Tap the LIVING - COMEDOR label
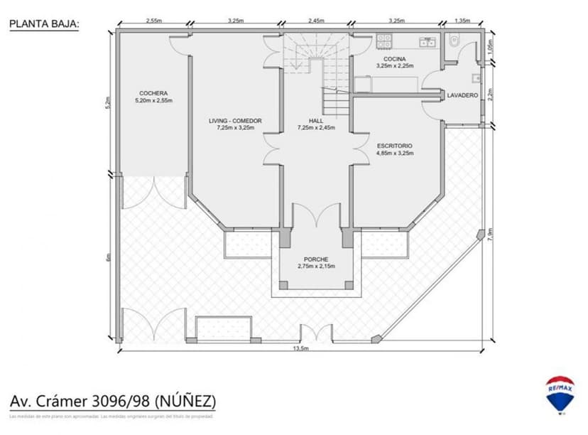point(235,121)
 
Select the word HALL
point(316,121)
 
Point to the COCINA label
point(394,58)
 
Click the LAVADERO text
point(462,95)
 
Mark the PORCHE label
point(315,259)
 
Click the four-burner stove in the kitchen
point(385,41)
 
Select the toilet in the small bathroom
point(456,41)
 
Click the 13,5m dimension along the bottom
point(300,349)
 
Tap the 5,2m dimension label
point(108,102)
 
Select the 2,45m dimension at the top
point(316,21)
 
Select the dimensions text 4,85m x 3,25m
point(394,153)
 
